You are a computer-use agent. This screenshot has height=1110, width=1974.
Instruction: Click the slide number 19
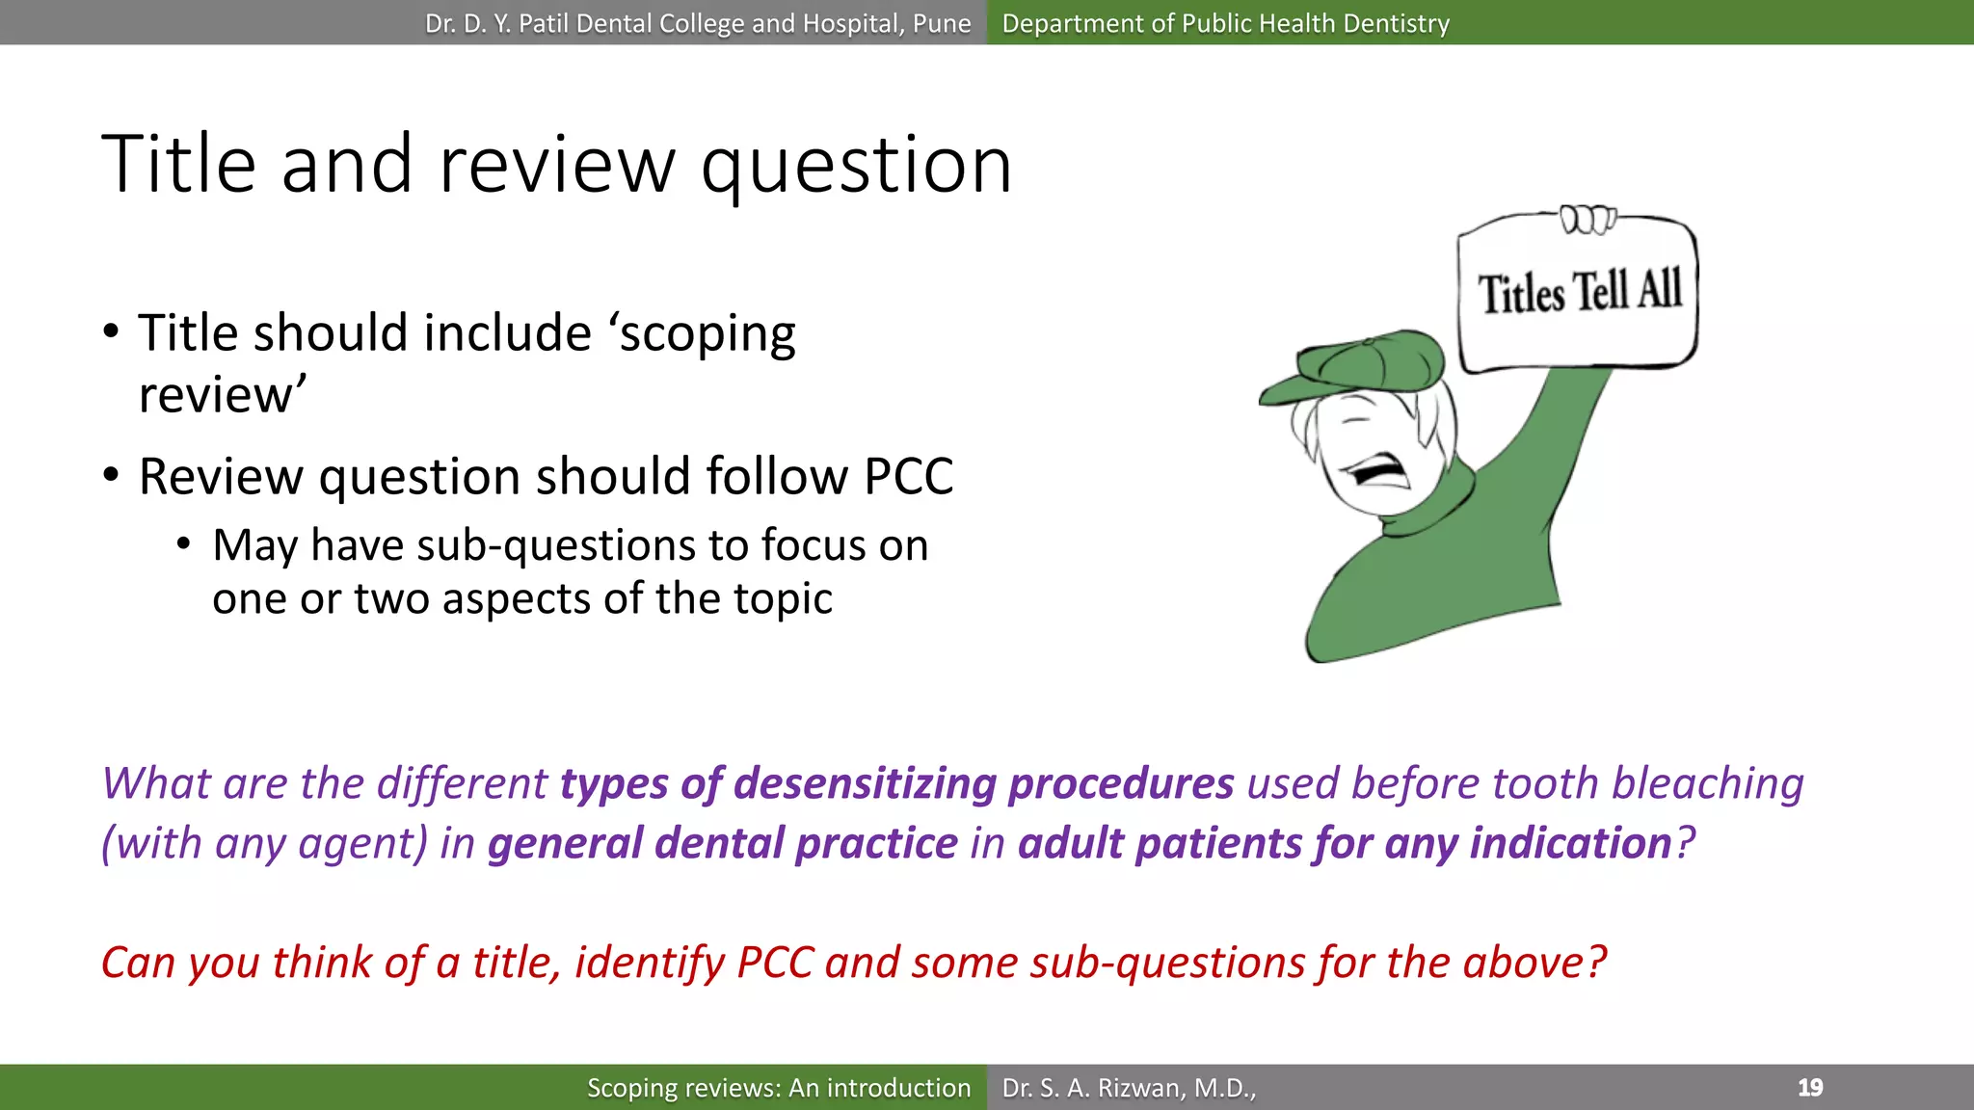tap(1809, 1088)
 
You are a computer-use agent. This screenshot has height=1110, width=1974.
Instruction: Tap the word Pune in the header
tap(941, 23)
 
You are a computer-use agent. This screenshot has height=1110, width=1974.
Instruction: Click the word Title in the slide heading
tap(178, 164)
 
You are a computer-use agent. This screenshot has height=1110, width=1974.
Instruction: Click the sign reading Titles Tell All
tap(1579, 292)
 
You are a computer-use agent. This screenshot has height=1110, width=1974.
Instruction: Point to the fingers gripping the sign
tap(1587, 220)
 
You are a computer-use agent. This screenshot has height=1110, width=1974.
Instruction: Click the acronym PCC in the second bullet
tap(908, 476)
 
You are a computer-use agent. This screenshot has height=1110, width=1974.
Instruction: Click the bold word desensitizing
tap(864, 783)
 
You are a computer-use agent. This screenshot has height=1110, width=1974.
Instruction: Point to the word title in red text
tap(516, 963)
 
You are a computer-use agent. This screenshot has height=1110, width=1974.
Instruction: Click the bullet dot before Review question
tap(112, 475)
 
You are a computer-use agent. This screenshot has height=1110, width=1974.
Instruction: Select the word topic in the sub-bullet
tap(783, 599)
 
